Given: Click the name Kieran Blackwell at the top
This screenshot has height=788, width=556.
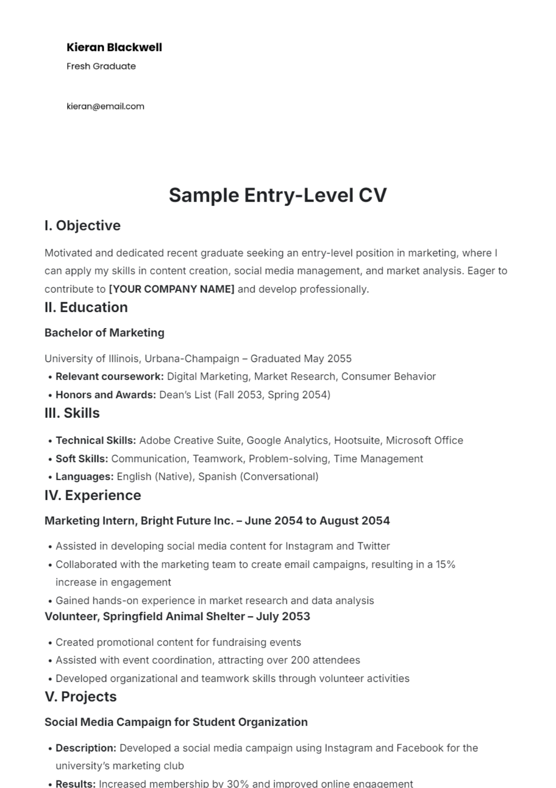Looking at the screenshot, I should point(114,47).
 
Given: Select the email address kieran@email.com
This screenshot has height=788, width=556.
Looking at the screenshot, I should point(105,106).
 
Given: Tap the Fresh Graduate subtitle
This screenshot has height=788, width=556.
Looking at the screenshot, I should point(101,66).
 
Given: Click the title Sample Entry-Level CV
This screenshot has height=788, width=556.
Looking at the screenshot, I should point(278,195).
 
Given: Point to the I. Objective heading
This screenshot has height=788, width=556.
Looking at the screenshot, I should point(82,226).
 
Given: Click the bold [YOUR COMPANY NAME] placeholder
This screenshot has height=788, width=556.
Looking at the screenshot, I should point(171,289).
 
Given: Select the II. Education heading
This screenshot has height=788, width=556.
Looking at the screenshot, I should point(86,307).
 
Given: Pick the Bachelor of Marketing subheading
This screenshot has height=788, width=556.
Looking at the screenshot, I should point(104,333).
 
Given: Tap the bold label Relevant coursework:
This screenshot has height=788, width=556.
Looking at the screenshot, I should point(109,376).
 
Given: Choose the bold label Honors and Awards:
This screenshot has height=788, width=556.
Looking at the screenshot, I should point(106,395).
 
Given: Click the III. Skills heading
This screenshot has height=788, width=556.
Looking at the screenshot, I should point(72,413).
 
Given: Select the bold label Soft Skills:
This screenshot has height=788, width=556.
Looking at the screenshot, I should point(82,459).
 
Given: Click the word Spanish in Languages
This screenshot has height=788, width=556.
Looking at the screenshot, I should point(217,477).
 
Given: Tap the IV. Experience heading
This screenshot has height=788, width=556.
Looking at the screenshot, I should point(93,495).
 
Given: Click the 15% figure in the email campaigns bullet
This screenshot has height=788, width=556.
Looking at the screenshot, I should point(445,565).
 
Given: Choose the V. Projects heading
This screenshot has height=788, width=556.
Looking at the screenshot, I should point(81,697).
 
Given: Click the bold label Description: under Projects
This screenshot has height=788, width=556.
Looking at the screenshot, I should point(86,748).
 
